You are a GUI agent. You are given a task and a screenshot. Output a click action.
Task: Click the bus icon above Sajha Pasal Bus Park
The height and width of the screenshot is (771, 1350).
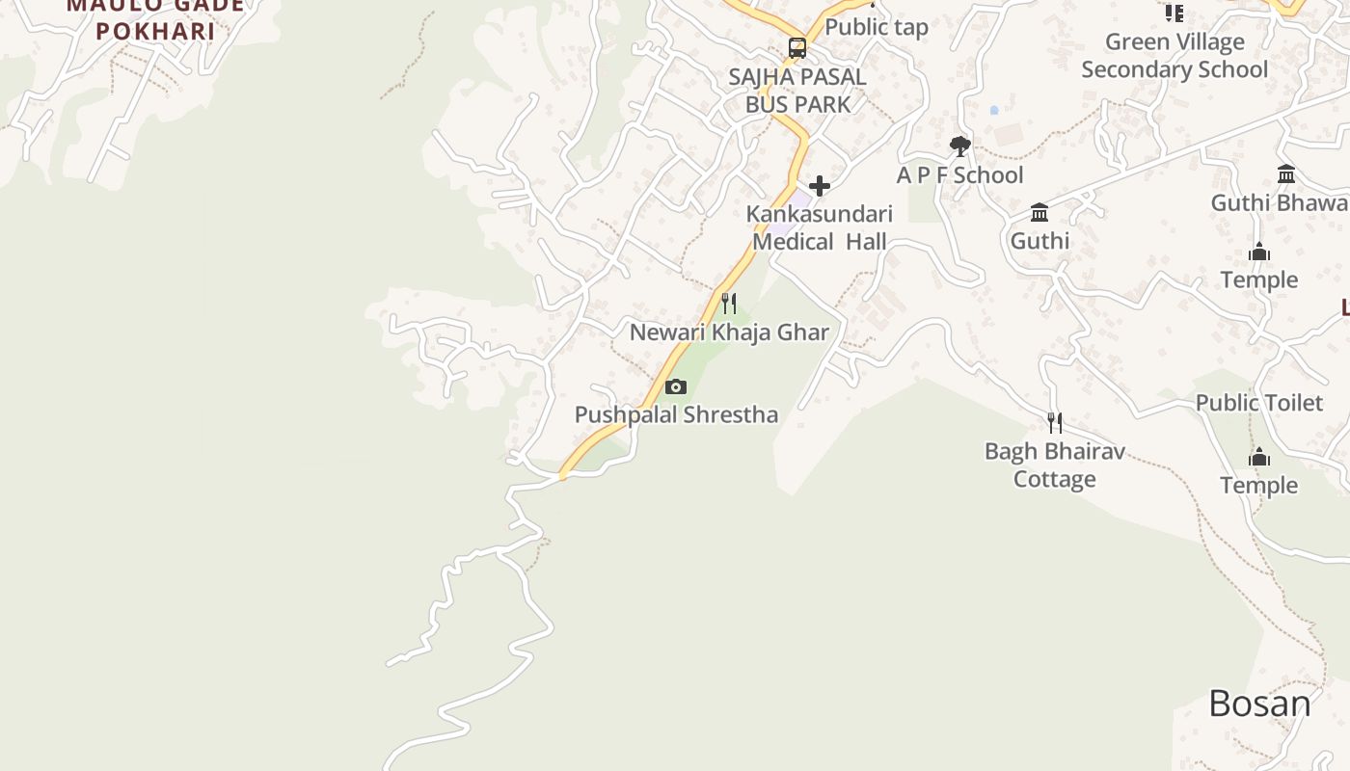click(x=797, y=47)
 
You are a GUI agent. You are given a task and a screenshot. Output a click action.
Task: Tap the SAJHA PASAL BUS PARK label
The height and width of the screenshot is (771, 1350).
click(x=797, y=91)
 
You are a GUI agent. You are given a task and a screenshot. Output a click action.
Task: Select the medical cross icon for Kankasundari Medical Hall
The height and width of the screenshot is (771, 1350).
click(x=820, y=185)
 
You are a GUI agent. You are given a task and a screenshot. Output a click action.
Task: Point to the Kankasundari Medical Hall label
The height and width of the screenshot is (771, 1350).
click(x=820, y=227)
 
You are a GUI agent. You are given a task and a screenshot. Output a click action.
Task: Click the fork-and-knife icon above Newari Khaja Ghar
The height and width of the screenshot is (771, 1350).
click(x=729, y=304)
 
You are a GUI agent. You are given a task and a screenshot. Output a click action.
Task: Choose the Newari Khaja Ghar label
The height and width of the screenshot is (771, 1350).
click(x=729, y=332)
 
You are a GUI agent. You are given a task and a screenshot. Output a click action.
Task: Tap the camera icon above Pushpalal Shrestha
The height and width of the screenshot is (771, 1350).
click(x=676, y=386)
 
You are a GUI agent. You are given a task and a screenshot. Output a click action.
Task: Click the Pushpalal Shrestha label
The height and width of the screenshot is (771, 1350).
click(x=676, y=415)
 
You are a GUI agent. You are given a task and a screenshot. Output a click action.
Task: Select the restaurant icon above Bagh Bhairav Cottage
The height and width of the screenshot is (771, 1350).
click(x=1055, y=423)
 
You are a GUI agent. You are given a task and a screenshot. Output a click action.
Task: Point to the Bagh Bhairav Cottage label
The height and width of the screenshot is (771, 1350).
click(x=1055, y=465)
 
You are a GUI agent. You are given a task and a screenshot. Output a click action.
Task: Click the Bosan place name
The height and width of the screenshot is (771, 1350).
click(x=1259, y=705)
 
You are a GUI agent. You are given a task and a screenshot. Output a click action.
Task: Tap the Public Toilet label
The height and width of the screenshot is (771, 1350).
click(x=1259, y=403)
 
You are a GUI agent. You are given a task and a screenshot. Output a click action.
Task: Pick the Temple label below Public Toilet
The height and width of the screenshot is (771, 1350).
click(x=1259, y=485)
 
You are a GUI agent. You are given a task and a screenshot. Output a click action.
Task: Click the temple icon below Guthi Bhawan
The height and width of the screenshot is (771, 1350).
click(x=1259, y=253)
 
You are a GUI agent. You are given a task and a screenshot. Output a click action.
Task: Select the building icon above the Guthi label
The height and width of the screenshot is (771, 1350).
click(x=1039, y=212)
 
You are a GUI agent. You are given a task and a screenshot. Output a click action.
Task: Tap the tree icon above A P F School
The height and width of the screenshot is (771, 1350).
click(x=959, y=146)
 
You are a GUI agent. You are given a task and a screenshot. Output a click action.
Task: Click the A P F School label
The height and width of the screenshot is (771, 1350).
click(x=959, y=175)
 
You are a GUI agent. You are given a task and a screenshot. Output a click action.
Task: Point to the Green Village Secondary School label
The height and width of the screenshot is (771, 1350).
click(x=1174, y=56)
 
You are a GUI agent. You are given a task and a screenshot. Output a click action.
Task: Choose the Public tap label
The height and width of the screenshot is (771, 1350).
click(x=876, y=27)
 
